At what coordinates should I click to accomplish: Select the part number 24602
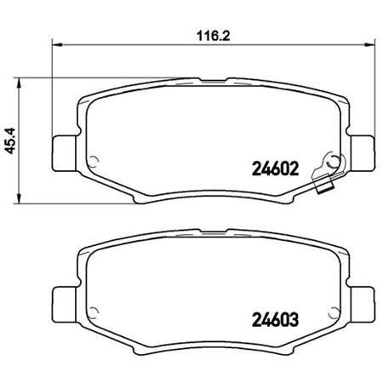coord(274,168)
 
